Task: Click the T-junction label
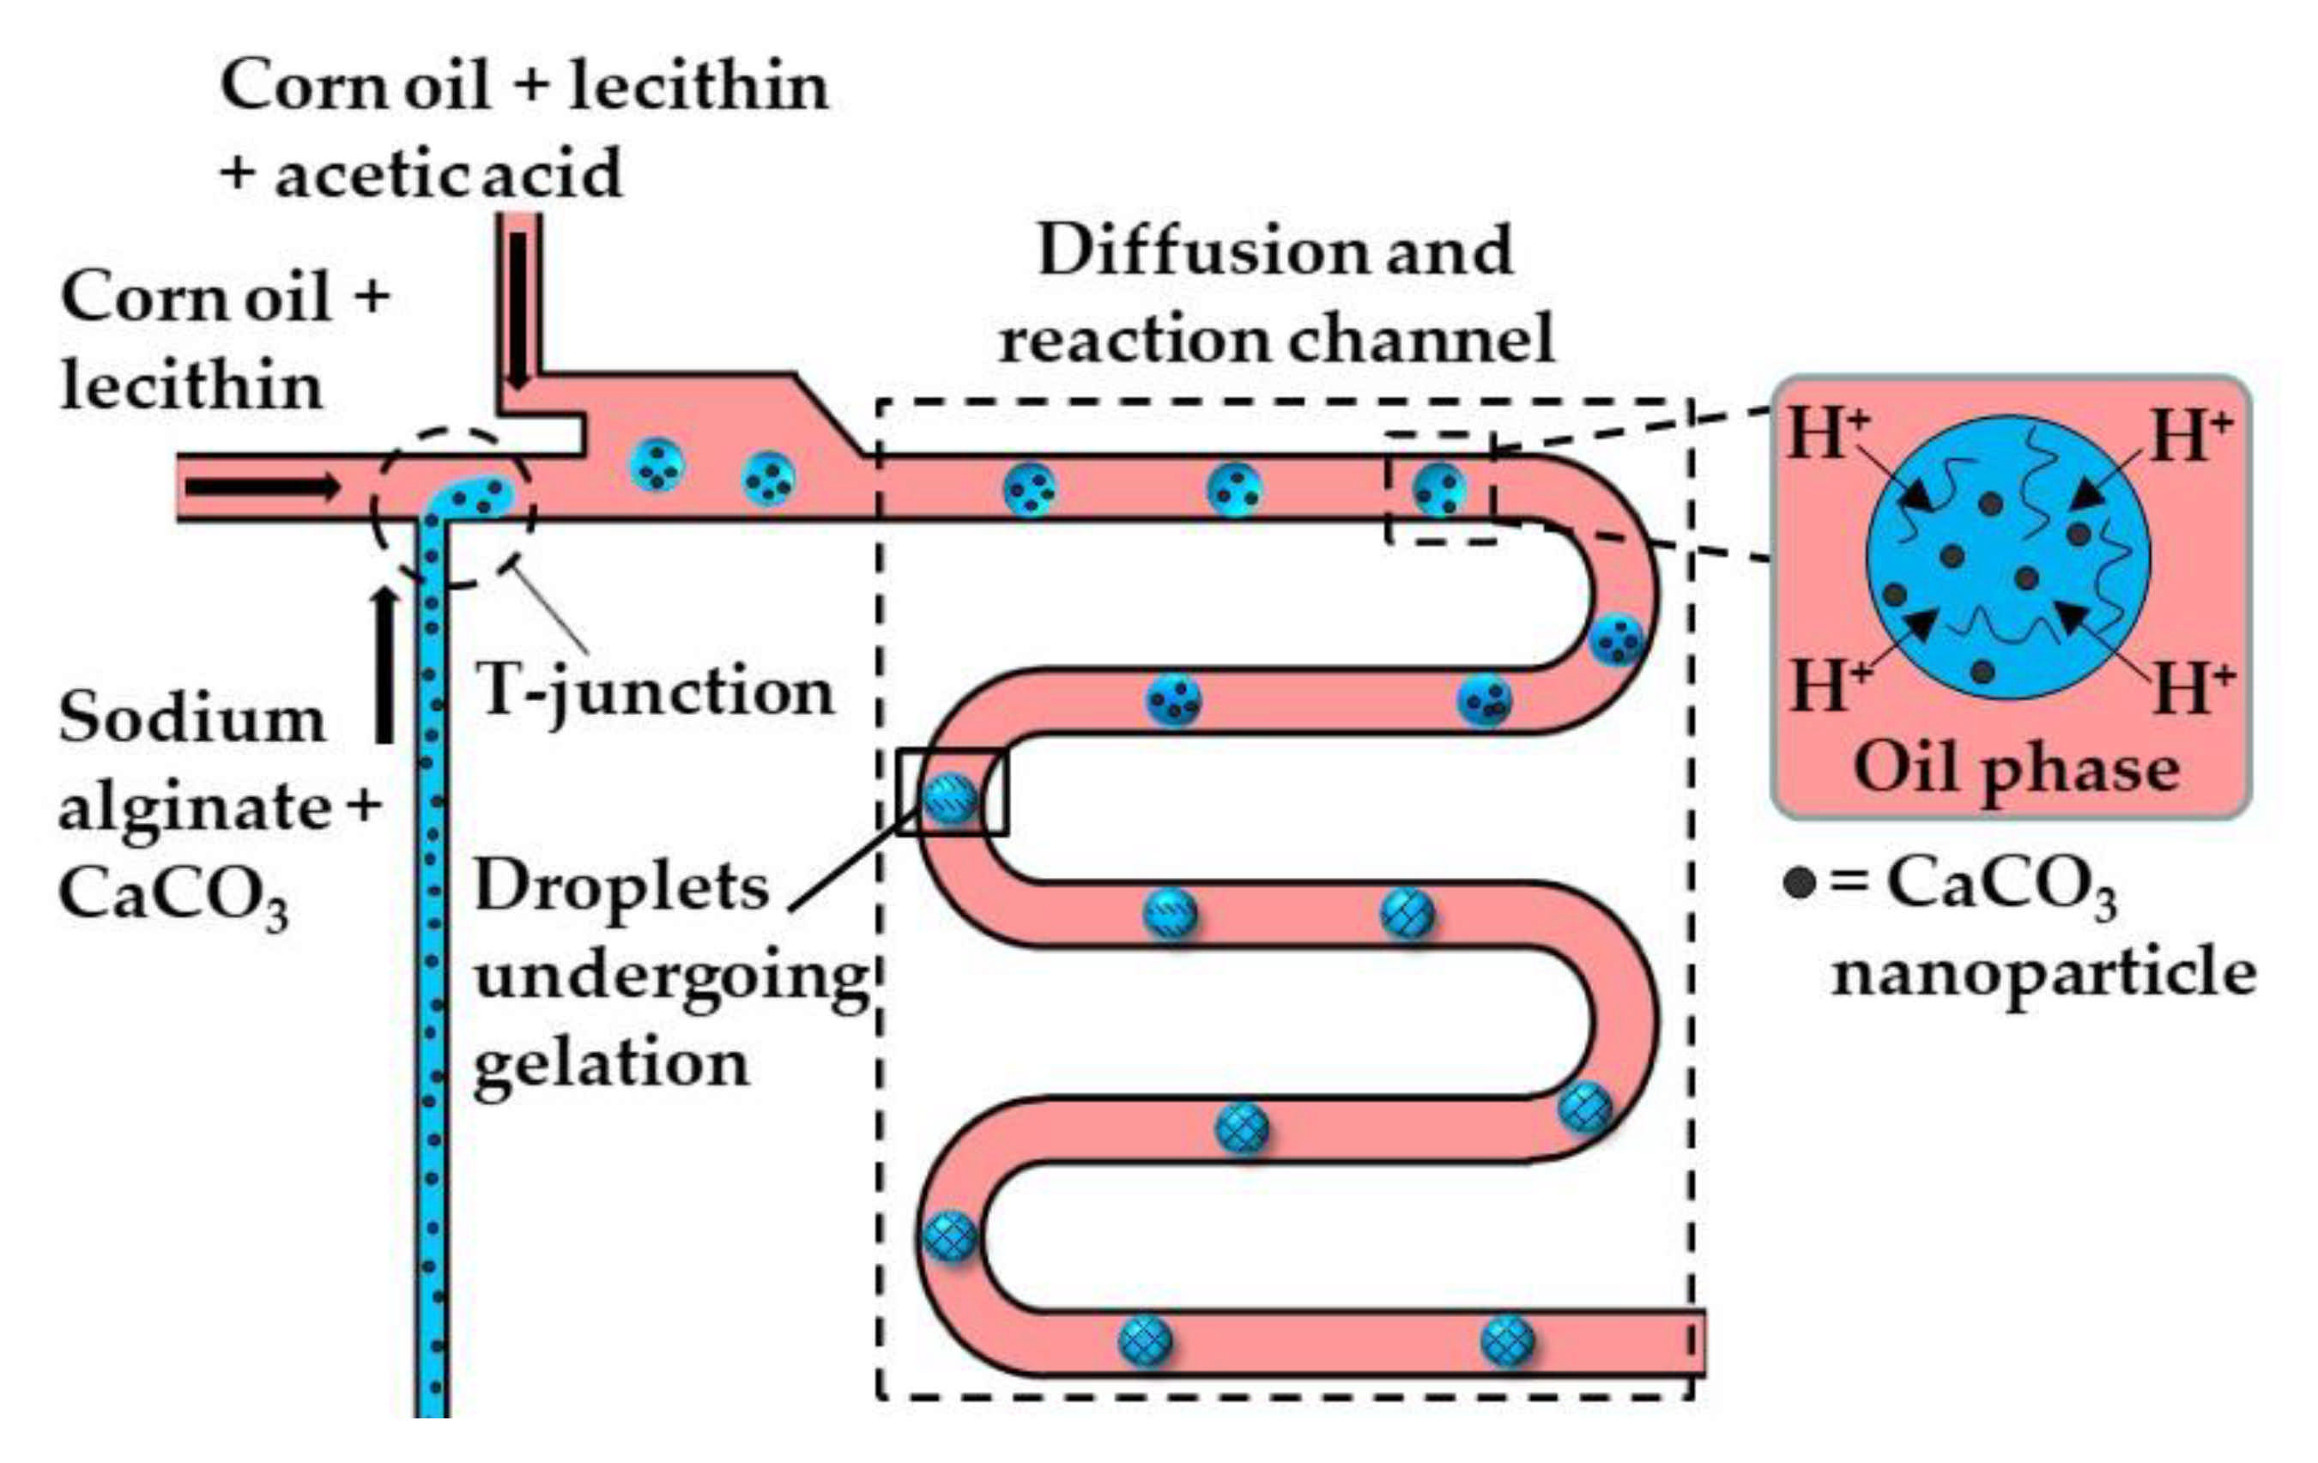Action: (655, 691)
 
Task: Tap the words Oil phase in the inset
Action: (2016, 770)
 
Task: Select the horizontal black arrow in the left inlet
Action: (262, 487)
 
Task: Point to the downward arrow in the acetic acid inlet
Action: (519, 308)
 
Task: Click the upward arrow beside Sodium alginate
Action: (385, 664)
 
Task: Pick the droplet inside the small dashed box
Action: (1439, 489)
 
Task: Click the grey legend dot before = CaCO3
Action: (1799, 883)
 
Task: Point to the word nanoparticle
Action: (2043, 974)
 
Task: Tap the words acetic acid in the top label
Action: (449, 175)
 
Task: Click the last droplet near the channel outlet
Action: (1506, 1339)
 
